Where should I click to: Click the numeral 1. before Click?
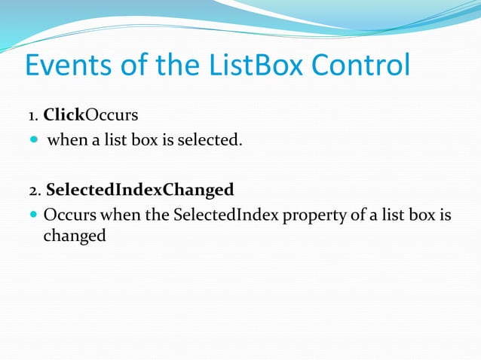coord(33,116)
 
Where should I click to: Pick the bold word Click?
coord(63,115)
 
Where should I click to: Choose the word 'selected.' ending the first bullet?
coord(210,139)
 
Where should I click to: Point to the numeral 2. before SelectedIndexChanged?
coord(35,188)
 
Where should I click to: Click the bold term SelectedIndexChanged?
coord(140,188)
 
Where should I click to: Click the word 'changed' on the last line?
coord(74,235)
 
